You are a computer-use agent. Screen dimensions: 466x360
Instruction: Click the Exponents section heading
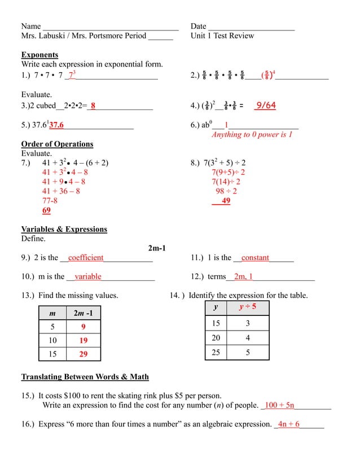point(39,55)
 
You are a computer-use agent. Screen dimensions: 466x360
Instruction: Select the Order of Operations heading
point(57,144)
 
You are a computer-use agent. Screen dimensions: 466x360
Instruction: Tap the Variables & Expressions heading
point(64,229)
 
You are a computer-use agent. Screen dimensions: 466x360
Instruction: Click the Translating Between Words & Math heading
point(85,376)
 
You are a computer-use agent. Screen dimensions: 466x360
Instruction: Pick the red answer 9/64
point(265,105)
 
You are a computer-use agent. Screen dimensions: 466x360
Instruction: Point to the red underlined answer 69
point(46,210)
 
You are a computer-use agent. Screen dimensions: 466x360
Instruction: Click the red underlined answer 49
point(226,201)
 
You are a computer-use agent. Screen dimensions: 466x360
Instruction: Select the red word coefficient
point(85,258)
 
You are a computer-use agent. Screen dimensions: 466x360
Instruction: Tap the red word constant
point(255,258)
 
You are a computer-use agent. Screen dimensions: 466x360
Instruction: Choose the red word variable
point(88,276)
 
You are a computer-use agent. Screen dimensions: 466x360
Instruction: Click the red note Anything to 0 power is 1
point(252,135)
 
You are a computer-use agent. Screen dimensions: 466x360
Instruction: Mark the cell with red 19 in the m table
point(84,340)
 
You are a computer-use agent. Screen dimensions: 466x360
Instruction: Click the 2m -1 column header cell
point(84,313)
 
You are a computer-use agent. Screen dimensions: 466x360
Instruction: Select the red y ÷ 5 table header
point(247,307)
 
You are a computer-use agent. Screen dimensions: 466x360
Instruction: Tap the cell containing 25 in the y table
point(216,353)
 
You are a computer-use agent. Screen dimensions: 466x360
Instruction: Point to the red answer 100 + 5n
point(279,405)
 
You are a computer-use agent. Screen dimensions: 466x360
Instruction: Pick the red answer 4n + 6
point(288,424)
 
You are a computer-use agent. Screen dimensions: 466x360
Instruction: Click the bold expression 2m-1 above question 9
point(156,248)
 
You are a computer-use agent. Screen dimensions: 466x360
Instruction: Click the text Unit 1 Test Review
point(222,36)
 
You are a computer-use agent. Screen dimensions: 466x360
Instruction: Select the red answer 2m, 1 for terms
point(243,276)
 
